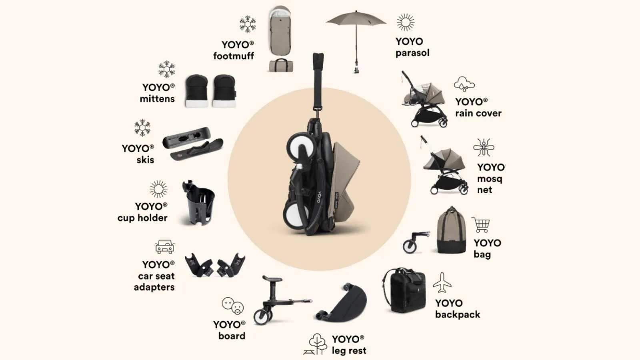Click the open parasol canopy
coord(356,18)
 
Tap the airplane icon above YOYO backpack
coord(442,283)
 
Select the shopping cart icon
coord(480,225)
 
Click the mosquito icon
coord(484,148)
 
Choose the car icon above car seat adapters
coord(164,247)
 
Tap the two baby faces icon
coord(232,306)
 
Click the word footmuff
coord(234,56)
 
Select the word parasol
coord(412,53)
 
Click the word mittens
coord(157,99)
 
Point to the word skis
coord(145,160)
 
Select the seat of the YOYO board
coord(272,278)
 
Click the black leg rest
coord(344,304)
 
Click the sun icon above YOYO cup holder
coord(158,189)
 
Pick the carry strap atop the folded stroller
coord(318,80)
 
